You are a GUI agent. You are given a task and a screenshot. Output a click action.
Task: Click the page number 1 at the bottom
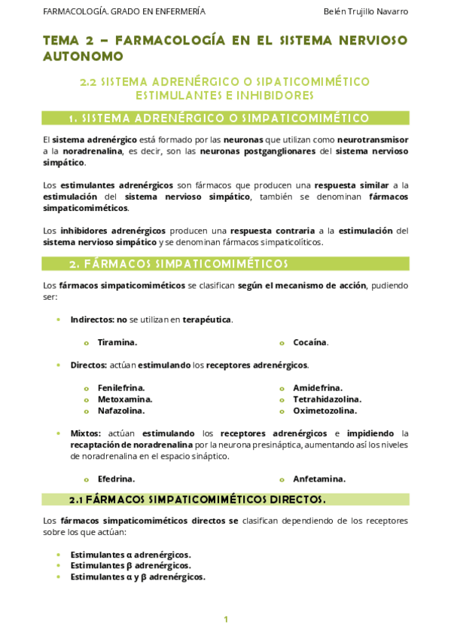225,619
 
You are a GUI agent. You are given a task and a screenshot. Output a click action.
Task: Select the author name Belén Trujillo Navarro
365,11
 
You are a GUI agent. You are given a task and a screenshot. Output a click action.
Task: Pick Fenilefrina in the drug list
120,387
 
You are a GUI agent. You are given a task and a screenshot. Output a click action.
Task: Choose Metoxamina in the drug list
124,399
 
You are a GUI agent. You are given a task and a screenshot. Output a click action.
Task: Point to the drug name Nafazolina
120,411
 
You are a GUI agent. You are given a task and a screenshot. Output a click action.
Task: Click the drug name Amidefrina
317,387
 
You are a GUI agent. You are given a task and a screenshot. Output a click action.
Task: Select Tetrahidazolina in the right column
327,399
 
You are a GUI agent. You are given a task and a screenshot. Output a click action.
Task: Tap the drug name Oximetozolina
325,411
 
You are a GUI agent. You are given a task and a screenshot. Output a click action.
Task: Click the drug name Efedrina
116,478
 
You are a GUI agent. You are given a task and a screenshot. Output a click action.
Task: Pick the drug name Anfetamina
319,478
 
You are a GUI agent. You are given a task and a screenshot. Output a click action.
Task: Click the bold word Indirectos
91,319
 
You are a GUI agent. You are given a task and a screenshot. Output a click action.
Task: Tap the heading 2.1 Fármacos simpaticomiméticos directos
197,500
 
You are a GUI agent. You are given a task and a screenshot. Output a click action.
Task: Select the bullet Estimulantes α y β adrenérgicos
137,576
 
